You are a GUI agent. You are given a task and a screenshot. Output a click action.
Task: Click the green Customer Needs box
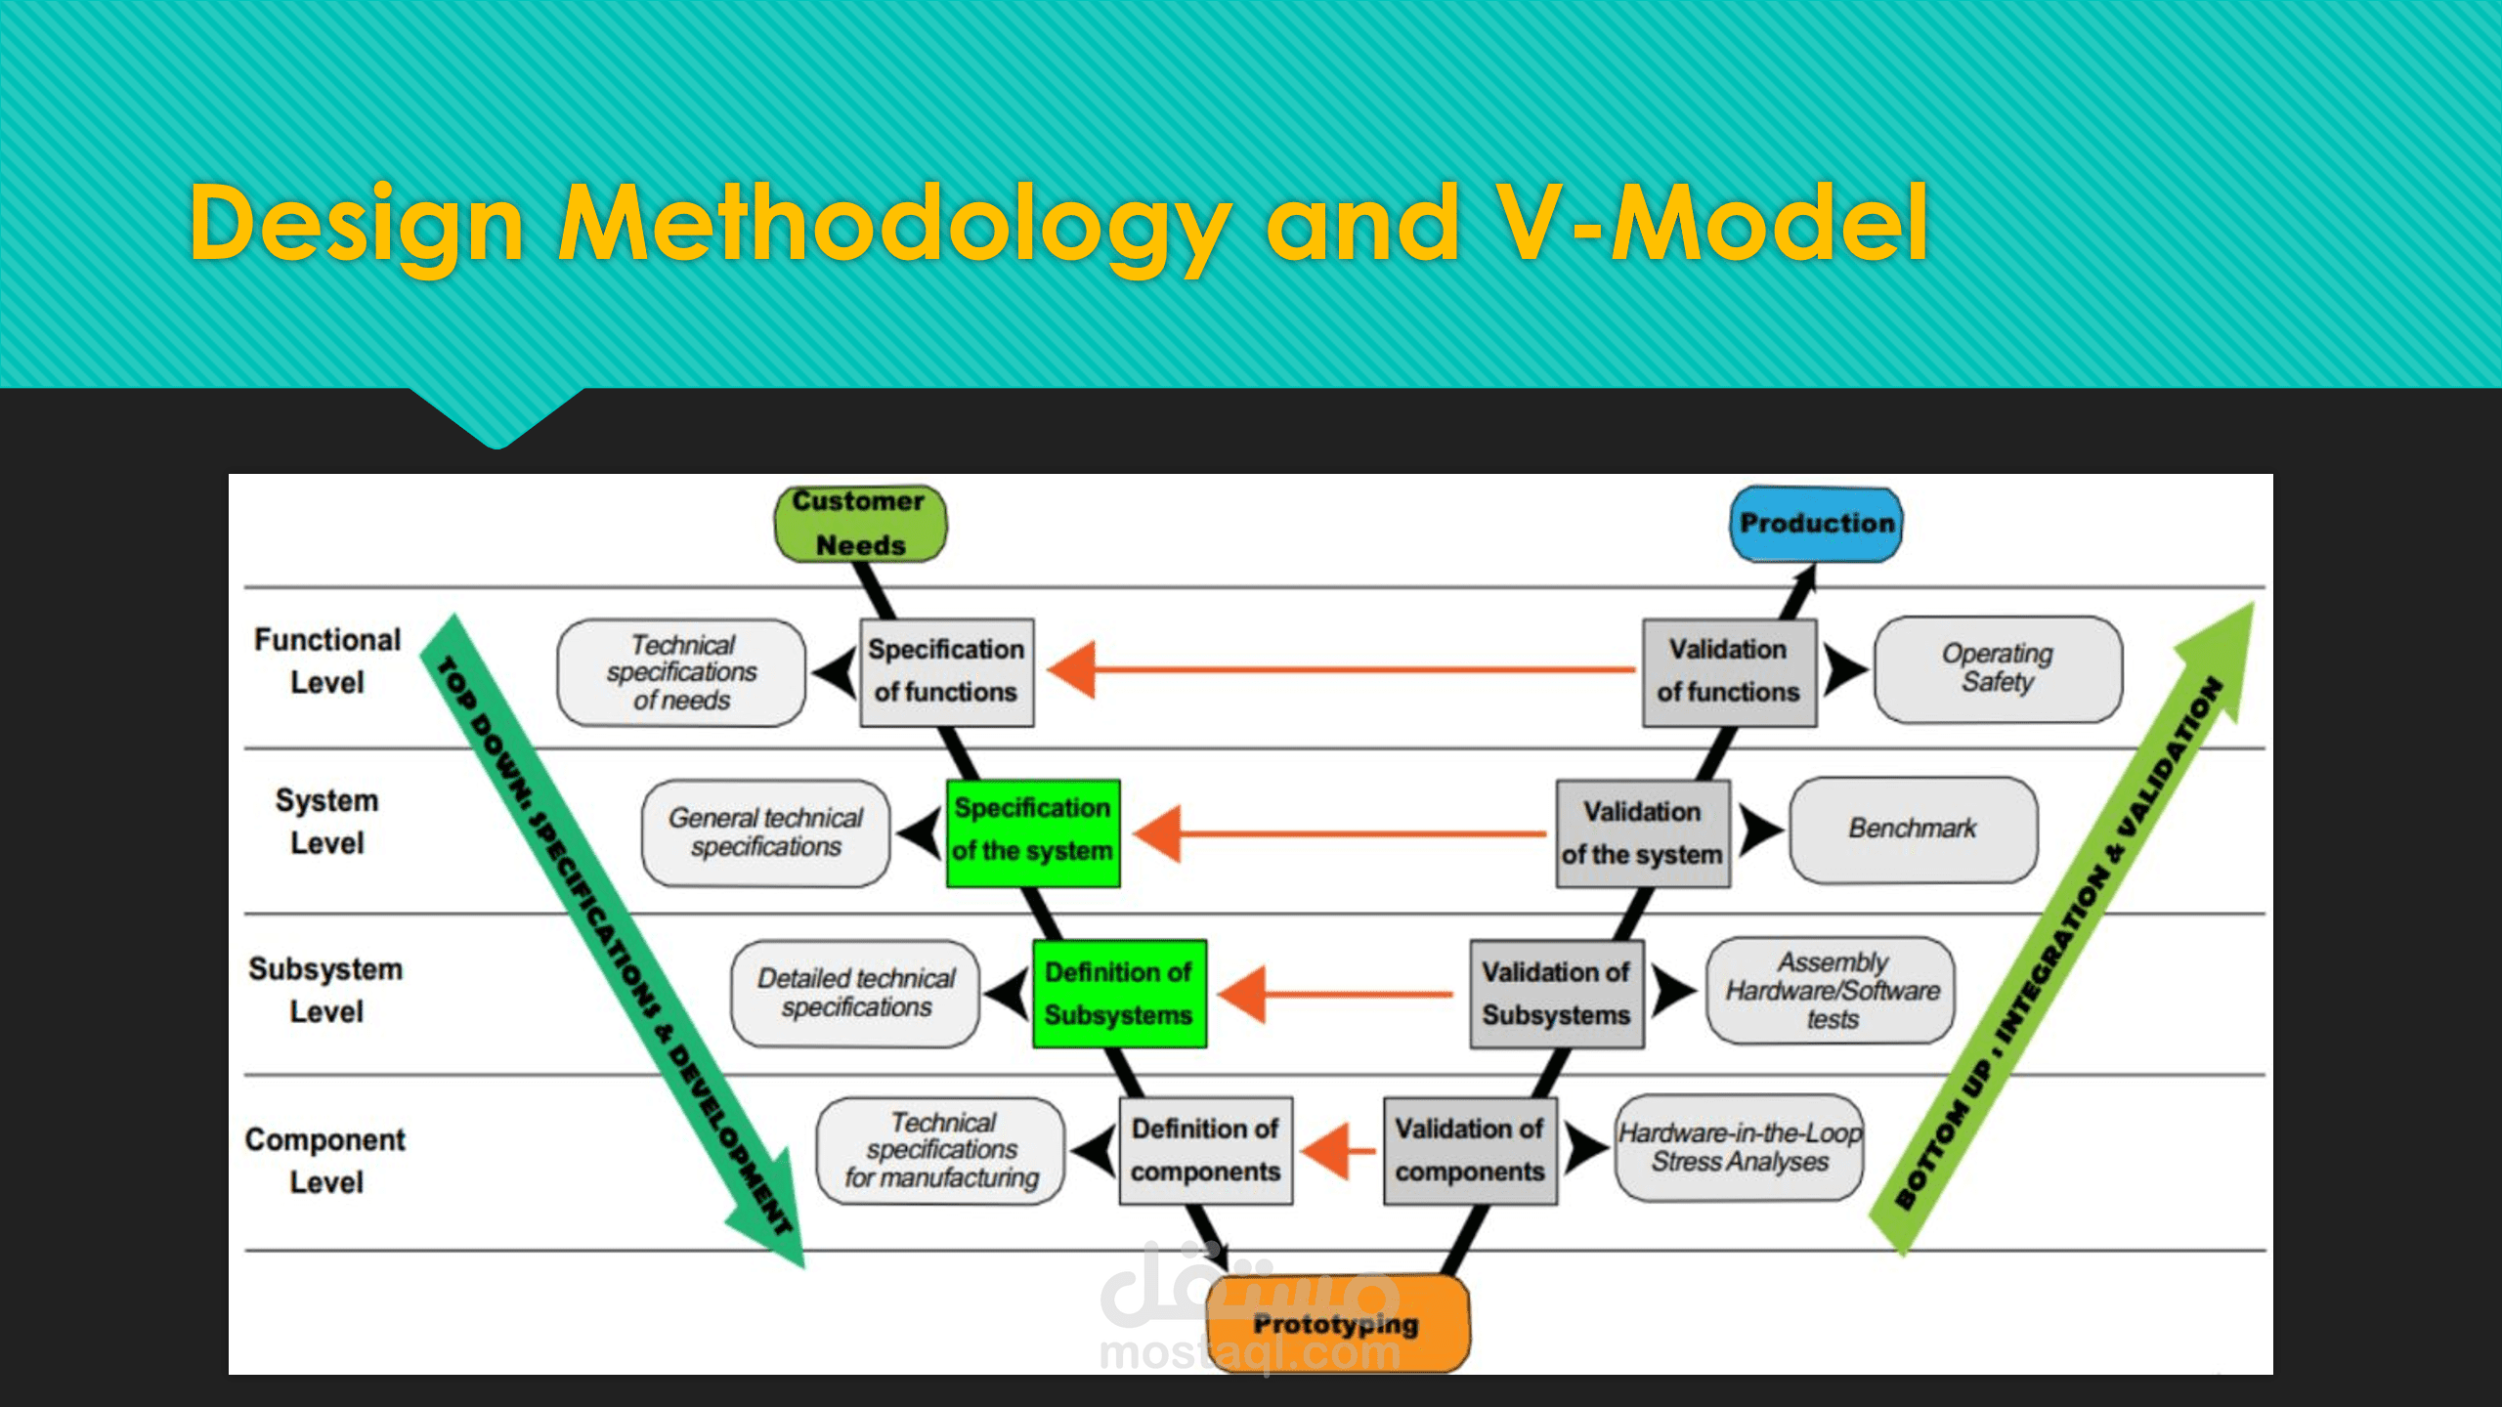pyautogui.click(x=860, y=524)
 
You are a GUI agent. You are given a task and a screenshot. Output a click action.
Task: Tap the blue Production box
pyautogui.click(x=1816, y=524)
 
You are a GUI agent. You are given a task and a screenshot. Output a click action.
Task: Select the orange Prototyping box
pyautogui.click(x=1337, y=1324)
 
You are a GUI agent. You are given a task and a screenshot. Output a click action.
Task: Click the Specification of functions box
pyautogui.click(x=946, y=671)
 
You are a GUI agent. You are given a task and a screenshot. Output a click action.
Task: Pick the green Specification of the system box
pyautogui.click(x=1032, y=831)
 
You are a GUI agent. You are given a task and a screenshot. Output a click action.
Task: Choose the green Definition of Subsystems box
pyautogui.click(x=1119, y=994)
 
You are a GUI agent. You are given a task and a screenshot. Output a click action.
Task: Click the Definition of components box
pyautogui.click(x=1205, y=1150)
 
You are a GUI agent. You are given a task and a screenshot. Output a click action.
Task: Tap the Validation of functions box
pyautogui.click(x=1728, y=671)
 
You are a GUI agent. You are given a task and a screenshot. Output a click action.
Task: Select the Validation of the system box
pyautogui.click(x=1642, y=833)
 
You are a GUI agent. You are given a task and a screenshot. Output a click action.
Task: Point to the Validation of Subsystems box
pyautogui.click(x=1556, y=994)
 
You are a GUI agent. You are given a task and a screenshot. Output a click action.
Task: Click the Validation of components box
pyautogui.click(x=1470, y=1150)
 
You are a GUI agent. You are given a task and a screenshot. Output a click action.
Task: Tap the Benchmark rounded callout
pyautogui.click(x=1913, y=830)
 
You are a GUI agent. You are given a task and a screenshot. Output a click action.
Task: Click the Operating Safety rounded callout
pyautogui.click(x=1997, y=669)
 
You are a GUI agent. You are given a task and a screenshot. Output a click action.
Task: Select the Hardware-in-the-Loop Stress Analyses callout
pyautogui.click(x=1739, y=1148)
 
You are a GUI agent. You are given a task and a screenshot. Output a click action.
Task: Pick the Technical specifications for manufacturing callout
pyautogui.click(x=941, y=1150)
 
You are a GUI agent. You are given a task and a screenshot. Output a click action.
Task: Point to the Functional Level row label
pyautogui.click(x=327, y=661)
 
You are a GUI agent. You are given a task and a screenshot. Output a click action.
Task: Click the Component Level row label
pyautogui.click(x=325, y=1161)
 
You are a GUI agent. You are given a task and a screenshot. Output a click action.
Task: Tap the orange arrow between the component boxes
pyautogui.click(x=1338, y=1150)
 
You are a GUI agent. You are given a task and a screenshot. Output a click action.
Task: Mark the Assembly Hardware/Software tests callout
pyautogui.click(x=1831, y=991)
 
